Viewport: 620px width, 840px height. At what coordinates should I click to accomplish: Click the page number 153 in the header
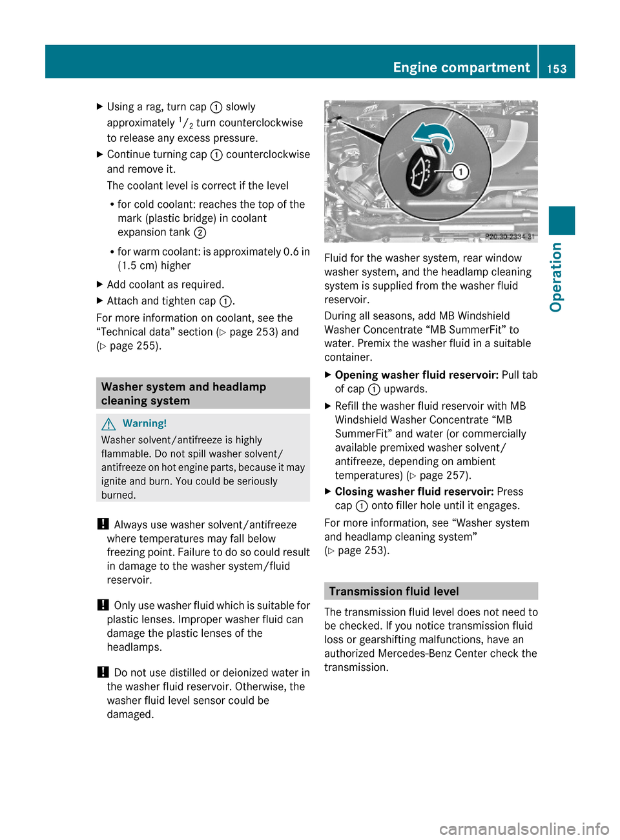pos(557,68)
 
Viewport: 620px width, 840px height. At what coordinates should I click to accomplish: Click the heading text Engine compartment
pos(461,67)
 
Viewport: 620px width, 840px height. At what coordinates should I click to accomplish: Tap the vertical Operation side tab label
pos(557,277)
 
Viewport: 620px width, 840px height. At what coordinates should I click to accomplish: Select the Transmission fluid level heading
pos(394,591)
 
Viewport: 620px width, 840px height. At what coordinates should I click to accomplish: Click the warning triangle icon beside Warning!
pos(108,424)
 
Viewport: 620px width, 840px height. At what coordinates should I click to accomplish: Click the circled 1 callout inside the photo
pos(460,172)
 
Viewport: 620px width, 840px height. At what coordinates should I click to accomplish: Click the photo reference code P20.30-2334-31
pos(510,237)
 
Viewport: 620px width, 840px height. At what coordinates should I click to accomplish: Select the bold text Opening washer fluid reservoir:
pos(417,375)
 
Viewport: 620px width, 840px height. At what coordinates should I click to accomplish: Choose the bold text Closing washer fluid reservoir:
pos(414,492)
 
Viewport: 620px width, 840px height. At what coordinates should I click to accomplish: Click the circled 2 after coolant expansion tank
pos(200,232)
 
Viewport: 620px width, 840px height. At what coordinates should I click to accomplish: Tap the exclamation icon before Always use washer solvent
pos(103,524)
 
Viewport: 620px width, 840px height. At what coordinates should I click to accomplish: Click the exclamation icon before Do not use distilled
pos(103,672)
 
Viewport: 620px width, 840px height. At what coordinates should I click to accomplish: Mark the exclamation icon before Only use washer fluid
pos(103,605)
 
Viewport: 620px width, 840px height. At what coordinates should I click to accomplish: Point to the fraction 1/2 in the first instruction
pos(186,122)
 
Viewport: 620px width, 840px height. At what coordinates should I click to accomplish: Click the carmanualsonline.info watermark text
pos(524,828)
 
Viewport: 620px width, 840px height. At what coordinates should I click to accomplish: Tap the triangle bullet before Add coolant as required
pos(99,284)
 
